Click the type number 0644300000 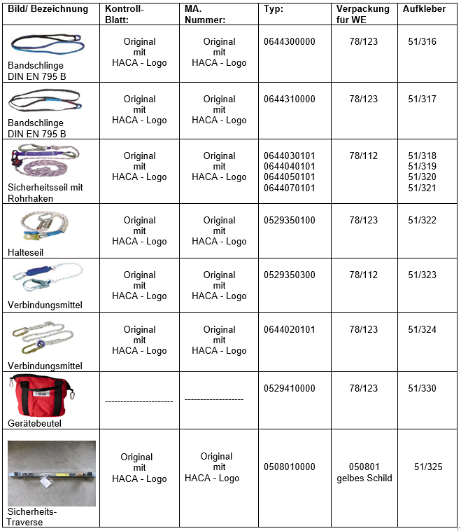290,42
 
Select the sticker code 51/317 422,99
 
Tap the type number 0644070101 290,188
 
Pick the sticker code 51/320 422,177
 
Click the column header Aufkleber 424,9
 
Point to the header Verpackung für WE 364,14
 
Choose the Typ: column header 274,9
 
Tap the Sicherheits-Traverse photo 52,473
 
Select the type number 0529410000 290,389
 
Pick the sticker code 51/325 428,467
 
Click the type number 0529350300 290,275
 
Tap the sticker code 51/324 422,330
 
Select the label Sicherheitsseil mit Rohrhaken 45,193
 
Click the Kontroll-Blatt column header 124,14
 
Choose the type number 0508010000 290,467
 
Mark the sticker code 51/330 422,389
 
